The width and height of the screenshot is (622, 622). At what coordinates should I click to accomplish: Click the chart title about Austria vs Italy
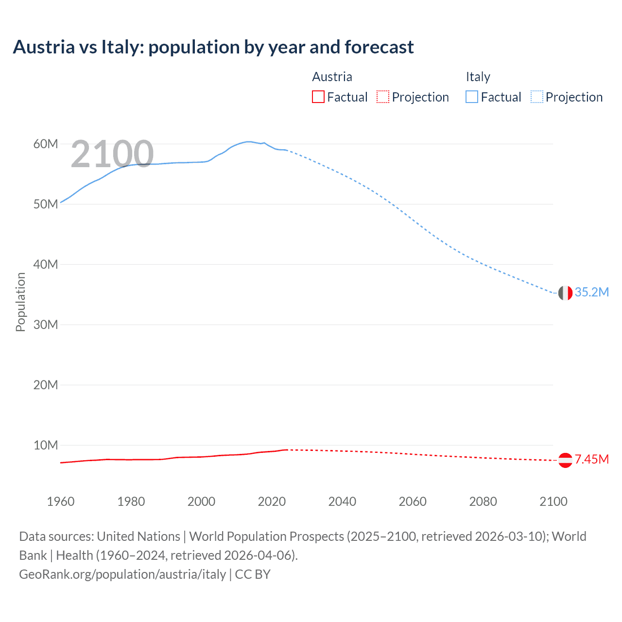(213, 47)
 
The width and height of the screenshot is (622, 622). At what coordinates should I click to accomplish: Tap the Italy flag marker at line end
(565, 293)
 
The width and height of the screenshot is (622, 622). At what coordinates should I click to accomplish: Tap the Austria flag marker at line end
(565, 460)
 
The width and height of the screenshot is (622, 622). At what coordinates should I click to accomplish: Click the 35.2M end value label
(591, 292)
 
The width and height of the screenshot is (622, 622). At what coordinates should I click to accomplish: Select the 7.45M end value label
(591, 459)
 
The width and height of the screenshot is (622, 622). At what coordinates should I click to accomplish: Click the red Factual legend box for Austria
(318, 97)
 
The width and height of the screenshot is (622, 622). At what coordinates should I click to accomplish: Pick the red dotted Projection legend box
(383, 97)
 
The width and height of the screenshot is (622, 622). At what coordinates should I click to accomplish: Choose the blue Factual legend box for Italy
(472, 97)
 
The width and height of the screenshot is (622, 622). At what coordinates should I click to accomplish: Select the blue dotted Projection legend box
(537, 97)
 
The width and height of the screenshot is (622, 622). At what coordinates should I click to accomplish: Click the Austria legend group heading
(332, 77)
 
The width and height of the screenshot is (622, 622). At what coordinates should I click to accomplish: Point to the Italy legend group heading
(478, 77)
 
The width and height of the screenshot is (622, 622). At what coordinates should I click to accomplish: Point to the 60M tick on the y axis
(46, 144)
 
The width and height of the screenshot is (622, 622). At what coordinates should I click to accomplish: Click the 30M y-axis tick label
(46, 325)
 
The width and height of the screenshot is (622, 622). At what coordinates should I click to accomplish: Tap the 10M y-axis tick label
(46, 445)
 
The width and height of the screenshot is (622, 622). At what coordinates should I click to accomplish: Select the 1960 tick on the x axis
(61, 501)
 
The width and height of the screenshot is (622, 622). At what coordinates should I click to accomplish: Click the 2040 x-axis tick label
(342, 501)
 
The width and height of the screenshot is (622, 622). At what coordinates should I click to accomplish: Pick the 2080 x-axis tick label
(483, 501)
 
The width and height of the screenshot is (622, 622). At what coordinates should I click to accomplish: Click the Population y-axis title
(20, 302)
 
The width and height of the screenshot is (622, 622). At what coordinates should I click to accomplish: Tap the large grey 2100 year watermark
(112, 154)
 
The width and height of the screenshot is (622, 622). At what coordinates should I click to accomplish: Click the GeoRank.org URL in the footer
(122, 574)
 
